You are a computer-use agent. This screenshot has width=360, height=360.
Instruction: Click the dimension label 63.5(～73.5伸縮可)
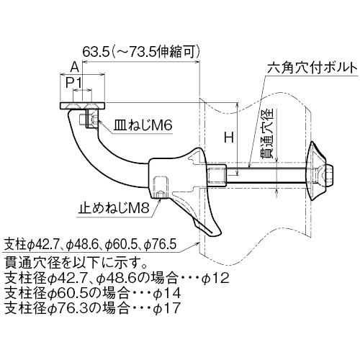(141, 52)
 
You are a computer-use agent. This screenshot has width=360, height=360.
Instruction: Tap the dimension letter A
(75, 67)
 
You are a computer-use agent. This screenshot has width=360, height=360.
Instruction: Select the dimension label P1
(74, 83)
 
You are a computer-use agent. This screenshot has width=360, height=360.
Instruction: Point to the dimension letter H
(229, 138)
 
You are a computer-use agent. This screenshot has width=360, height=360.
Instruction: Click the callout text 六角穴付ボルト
(312, 68)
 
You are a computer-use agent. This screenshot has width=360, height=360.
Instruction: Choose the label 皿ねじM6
(143, 125)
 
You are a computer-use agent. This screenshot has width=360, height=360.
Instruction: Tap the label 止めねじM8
(114, 208)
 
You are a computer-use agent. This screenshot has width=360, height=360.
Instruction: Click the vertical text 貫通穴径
(268, 133)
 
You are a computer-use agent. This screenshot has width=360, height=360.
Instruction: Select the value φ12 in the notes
(215, 279)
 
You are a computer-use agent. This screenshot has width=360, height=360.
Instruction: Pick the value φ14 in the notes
(166, 293)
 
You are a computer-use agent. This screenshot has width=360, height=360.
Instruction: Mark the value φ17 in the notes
(166, 307)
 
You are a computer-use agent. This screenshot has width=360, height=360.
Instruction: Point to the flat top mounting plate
(82, 106)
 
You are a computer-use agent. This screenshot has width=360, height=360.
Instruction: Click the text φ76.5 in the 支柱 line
(161, 245)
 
